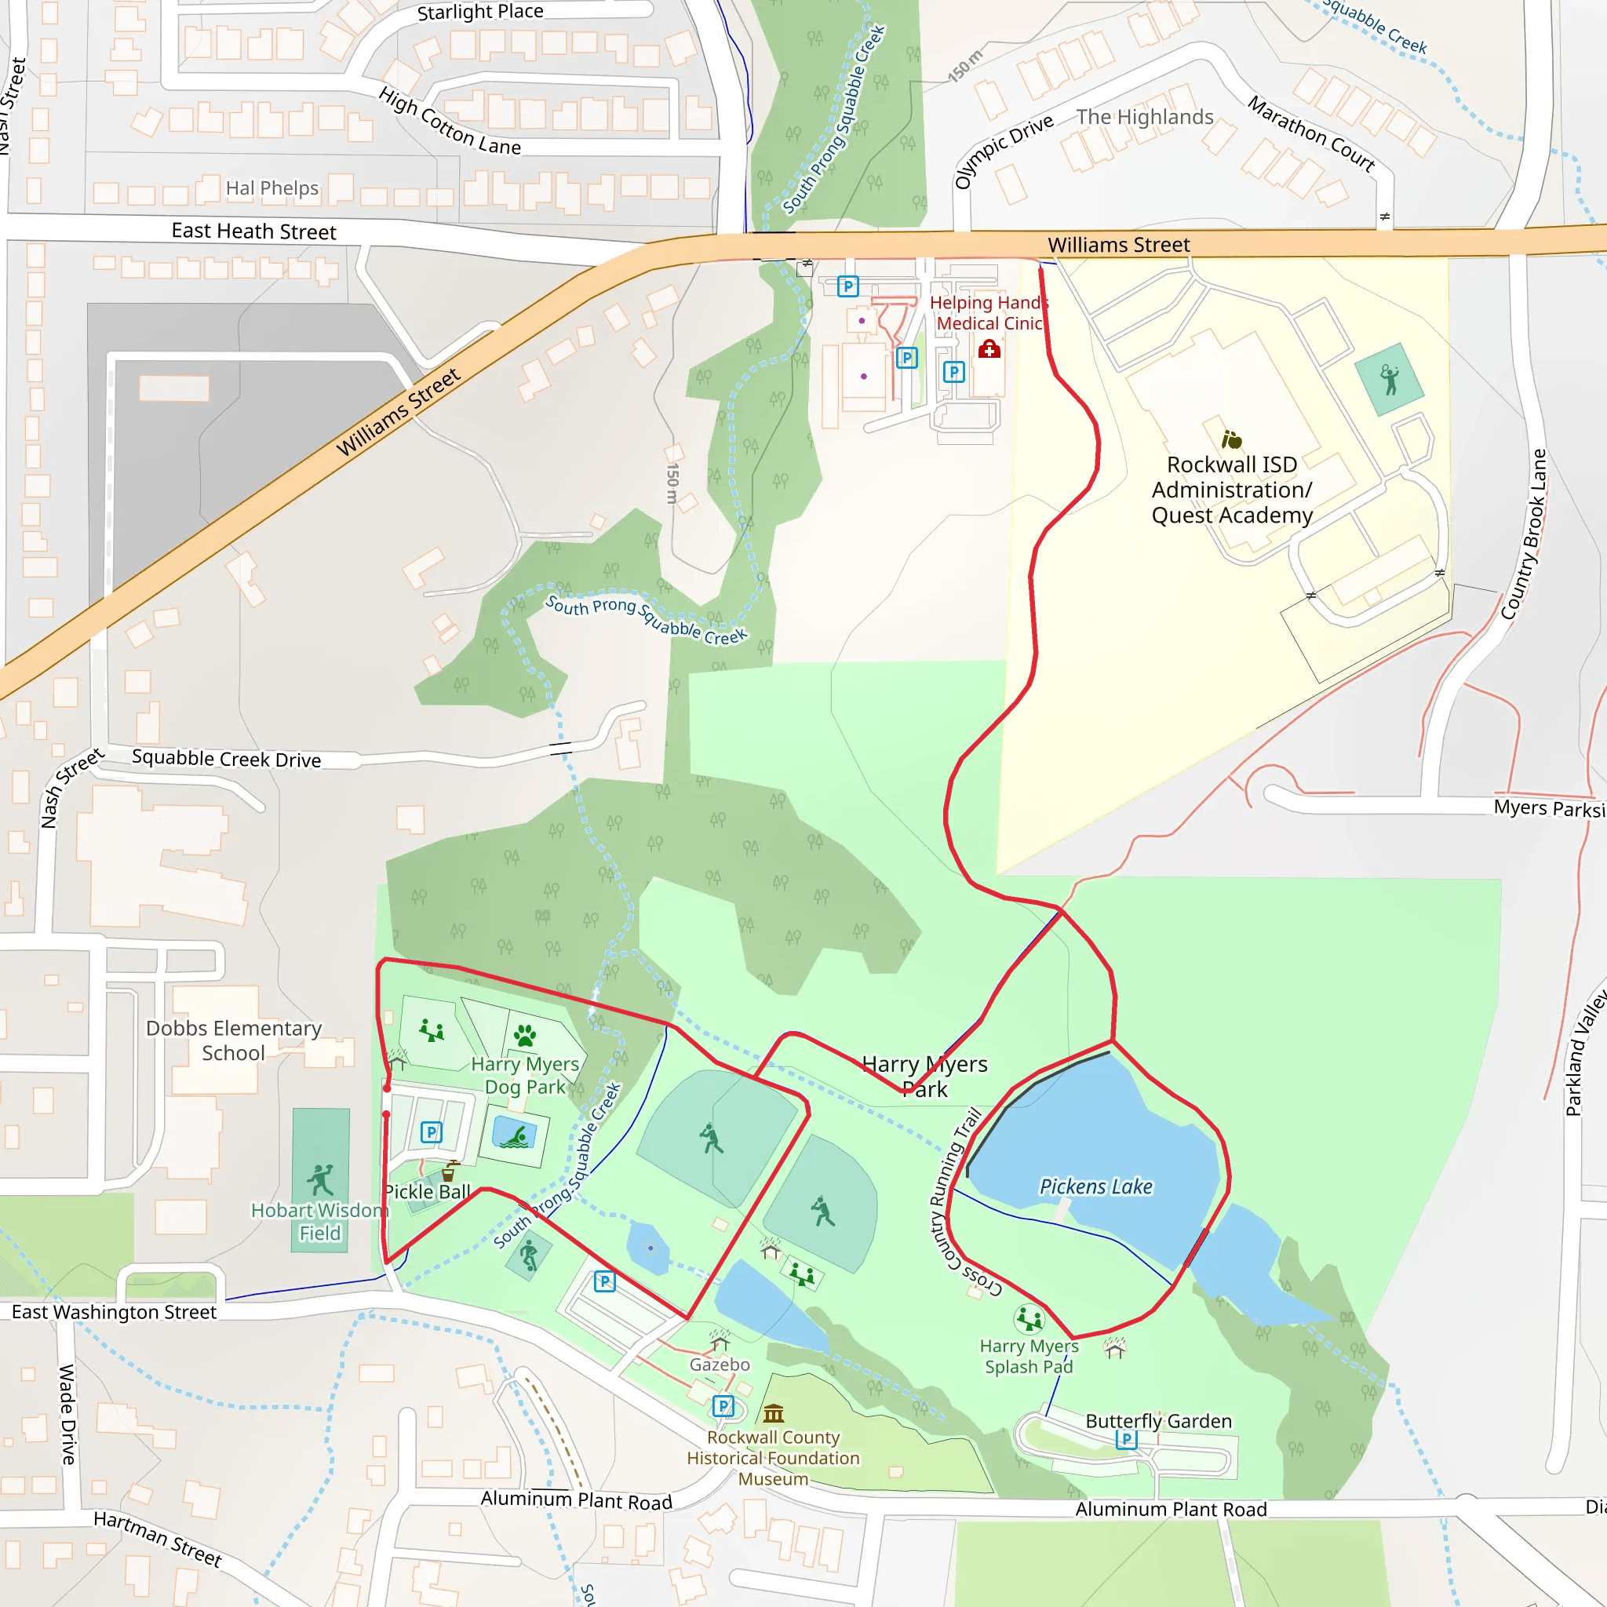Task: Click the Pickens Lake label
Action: (x=1095, y=1187)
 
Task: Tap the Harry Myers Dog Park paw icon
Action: (x=525, y=1036)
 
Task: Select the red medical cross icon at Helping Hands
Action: (x=989, y=349)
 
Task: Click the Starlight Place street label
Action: (x=480, y=12)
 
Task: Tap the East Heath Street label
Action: (x=253, y=231)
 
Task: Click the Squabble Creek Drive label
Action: (x=226, y=759)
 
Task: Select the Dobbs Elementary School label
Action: (x=234, y=1040)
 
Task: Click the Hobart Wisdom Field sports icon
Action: (x=320, y=1179)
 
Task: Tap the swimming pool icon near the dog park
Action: (x=515, y=1135)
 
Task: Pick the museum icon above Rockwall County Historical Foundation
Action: (x=774, y=1413)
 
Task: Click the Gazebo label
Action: (x=720, y=1365)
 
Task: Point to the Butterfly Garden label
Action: (x=1158, y=1422)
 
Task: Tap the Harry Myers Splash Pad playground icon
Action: (x=1029, y=1319)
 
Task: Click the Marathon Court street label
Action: (x=1311, y=134)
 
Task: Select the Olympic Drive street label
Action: (x=1003, y=151)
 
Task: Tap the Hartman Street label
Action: (x=157, y=1539)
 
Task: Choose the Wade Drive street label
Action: (x=67, y=1415)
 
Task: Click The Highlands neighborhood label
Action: (x=1145, y=117)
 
